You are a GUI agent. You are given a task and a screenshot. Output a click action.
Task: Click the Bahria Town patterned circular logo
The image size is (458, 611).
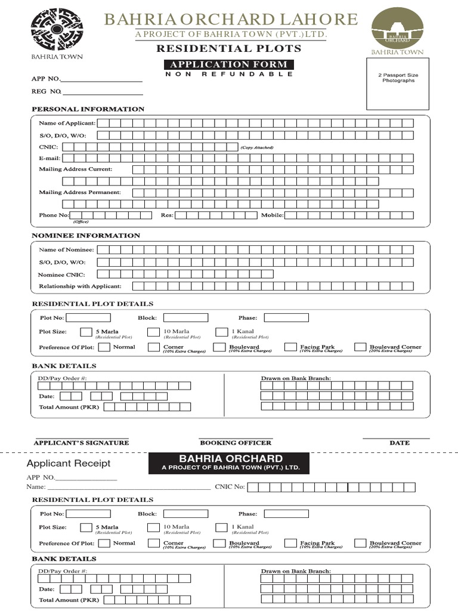pyautogui.click(x=57, y=29)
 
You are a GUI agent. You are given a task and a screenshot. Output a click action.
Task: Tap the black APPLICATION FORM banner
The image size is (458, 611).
pyautogui.click(x=228, y=64)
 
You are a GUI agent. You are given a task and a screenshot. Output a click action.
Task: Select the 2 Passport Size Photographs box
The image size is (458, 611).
pyautogui.click(x=397, y=84)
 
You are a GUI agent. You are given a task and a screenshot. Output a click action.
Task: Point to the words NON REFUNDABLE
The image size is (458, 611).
pyautogui.click(x=228, y=74)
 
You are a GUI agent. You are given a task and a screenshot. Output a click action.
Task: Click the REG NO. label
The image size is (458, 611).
pyautogui.click(x=46, y=91)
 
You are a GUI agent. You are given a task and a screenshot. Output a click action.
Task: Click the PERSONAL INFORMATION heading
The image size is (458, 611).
pyautogui.click(x=88, y=109)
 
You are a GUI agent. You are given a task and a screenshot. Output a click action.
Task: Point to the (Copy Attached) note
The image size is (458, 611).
pyautogui.click(x=257, y=147)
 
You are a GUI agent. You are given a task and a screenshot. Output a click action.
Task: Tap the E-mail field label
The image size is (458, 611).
pyautogui.click(x=49, y=158)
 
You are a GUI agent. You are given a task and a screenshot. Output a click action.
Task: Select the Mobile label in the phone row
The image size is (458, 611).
pyautogui.click(x=272, y=215)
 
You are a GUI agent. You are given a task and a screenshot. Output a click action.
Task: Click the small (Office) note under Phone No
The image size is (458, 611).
pyautogui.click(x=81, y=222)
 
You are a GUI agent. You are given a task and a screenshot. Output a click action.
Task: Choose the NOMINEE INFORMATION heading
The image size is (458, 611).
pyautogui.click(x=86, y=236)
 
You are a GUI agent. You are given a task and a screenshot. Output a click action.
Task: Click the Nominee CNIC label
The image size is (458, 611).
pyautogui.click(x=61, y=274)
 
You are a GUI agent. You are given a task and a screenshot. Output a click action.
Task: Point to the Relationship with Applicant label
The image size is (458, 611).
pyautogui.click(x=80, y=286)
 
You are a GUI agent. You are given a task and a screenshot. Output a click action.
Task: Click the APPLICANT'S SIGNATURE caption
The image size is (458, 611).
pyautogui.click(x=81, y=443)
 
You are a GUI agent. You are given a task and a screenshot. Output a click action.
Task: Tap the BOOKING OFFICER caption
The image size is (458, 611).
pyautogui.click(x=235, y=443)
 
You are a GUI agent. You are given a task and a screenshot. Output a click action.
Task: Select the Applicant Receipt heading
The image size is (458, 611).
pyautogui.click(x=69, y=463)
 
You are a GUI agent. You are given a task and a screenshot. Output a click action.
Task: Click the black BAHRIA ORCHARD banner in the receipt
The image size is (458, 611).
pyautogui.click(x=228, y=463)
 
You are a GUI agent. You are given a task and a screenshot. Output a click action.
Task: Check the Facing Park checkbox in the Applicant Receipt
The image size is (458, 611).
pyautogui.click(x=290, y=543)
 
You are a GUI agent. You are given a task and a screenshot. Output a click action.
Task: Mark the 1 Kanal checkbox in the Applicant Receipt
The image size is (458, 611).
pyautogui.click(x=222, y=527)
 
